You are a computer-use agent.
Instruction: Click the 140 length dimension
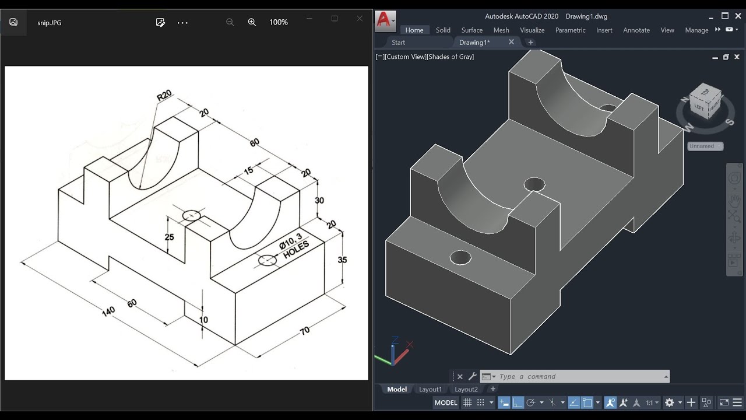[108, 311]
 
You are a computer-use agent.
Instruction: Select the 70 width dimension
[305, 331]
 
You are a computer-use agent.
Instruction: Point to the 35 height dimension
[343, 260]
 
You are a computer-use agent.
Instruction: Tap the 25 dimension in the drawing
[170, 237]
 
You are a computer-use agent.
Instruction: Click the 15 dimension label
[248, 170]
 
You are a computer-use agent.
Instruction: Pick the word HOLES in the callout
[295, 249]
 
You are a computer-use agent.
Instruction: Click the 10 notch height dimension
[203, 320]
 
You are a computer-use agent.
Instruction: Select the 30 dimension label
[319, 200]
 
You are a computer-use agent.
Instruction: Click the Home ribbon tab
[414, 30]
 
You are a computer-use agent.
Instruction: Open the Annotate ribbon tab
[636, 30]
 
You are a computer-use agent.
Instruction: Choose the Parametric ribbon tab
[570, 30]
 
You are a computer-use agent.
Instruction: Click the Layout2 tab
[466, 389]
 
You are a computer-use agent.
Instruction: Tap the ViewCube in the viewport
[706, 101]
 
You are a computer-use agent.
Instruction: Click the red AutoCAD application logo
[383, 20]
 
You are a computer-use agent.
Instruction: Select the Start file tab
[399, 43]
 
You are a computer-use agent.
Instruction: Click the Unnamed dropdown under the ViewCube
[705, 146]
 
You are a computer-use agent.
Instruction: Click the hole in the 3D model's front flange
[460, 257]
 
